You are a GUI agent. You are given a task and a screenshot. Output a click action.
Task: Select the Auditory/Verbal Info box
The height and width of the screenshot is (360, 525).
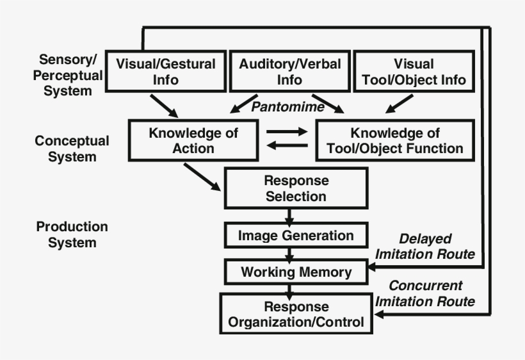[x=289, y=72]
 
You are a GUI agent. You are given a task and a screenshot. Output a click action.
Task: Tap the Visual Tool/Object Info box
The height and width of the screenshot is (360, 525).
[x=414, y=72]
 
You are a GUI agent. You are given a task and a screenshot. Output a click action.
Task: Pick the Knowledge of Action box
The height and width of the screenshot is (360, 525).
[x=193, y=141]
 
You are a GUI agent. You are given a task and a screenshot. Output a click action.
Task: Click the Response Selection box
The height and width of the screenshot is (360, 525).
[x=295, y=188]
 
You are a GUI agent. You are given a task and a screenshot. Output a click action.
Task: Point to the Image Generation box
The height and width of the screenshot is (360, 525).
[x=295, y=235]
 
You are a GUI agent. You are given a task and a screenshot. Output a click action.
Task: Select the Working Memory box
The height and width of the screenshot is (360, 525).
[x=296, y=272]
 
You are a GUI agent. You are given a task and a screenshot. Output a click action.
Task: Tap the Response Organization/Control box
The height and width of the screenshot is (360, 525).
[x=296, y=314]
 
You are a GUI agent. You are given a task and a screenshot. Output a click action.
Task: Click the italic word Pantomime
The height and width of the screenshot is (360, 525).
[x=287, y=106]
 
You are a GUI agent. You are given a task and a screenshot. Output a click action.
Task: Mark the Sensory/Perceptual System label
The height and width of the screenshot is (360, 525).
[x=68, y=75]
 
